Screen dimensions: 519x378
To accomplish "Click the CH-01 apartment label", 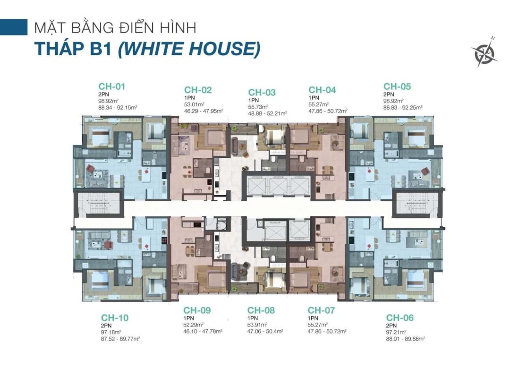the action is (112, 86).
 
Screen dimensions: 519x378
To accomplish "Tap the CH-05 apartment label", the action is (397, 86).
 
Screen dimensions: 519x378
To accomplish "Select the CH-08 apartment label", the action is (261, 310).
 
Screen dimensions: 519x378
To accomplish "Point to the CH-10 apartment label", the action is (115, 318).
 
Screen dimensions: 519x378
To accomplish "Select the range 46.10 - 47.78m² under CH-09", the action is (203, 331).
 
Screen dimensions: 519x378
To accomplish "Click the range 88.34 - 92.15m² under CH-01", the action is (118, 107).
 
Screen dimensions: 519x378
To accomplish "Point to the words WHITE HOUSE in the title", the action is (189, 49).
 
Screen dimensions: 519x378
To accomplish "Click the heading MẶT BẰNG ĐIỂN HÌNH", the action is (116, 27).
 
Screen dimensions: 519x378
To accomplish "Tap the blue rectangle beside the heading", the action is (14, 27).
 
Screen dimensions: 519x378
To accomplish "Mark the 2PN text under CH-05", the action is (389, 94).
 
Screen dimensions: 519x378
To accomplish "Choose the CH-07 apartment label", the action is (321, 310).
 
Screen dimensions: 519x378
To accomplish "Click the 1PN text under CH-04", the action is (314, 98).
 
